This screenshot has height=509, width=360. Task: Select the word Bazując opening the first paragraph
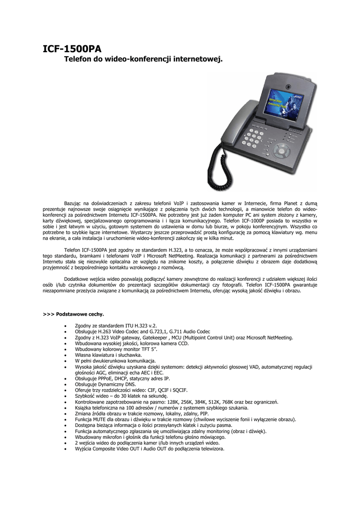tap(75, 203)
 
